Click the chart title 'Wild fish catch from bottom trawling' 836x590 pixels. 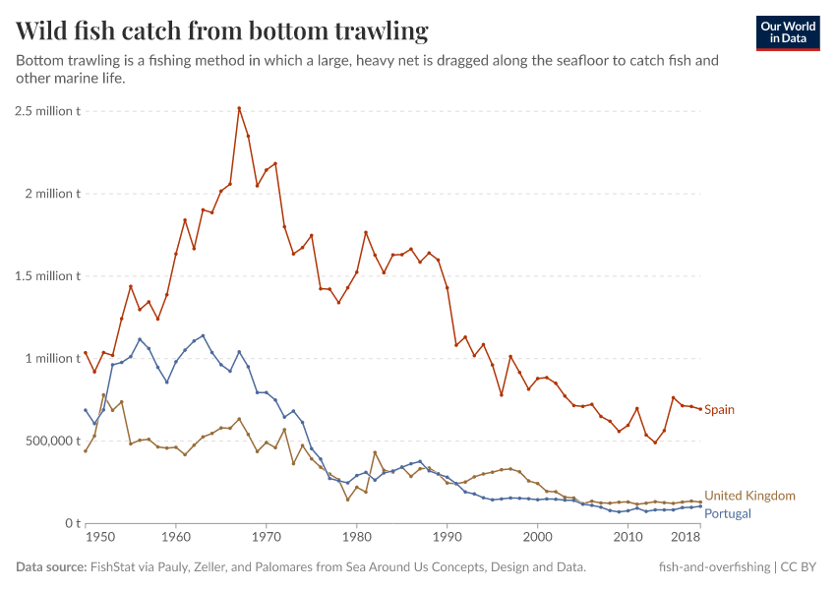221,31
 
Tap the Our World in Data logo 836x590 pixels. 787,31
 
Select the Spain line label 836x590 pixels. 719,409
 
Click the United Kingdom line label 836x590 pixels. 749,496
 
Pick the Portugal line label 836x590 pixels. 727,513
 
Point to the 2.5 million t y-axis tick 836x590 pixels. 47,110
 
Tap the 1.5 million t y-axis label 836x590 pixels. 47,275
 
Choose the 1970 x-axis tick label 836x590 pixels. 266,539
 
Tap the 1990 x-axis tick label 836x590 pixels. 447,539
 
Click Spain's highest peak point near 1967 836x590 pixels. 239,108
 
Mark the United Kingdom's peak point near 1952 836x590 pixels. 103,395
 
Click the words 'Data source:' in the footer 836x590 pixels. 51,567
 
